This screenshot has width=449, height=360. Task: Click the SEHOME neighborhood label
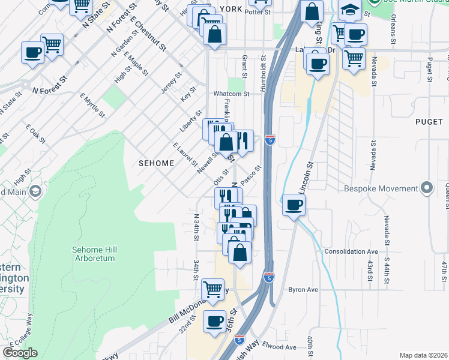pos(157,163)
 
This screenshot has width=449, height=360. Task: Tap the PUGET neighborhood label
pos(429,121)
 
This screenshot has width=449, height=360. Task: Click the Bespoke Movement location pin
pos(427,188)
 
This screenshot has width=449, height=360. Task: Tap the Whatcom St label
pos(231,94)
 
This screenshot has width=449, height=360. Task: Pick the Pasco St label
pos(252,175)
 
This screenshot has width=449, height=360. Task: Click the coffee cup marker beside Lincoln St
pos(294,205)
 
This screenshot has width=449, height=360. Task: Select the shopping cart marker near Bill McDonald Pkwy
pos(213,289)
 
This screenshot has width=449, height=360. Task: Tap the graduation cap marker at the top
pos(351,10)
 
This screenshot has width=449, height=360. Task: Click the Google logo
pos(20,353)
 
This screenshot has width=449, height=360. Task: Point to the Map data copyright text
pos(424,355)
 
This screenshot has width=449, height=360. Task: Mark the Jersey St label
pos(171,83)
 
